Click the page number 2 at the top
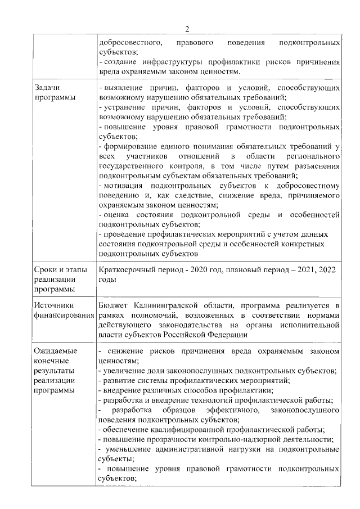click(187, 29)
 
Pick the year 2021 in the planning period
click(304, 269)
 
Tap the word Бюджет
click(113, 305)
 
